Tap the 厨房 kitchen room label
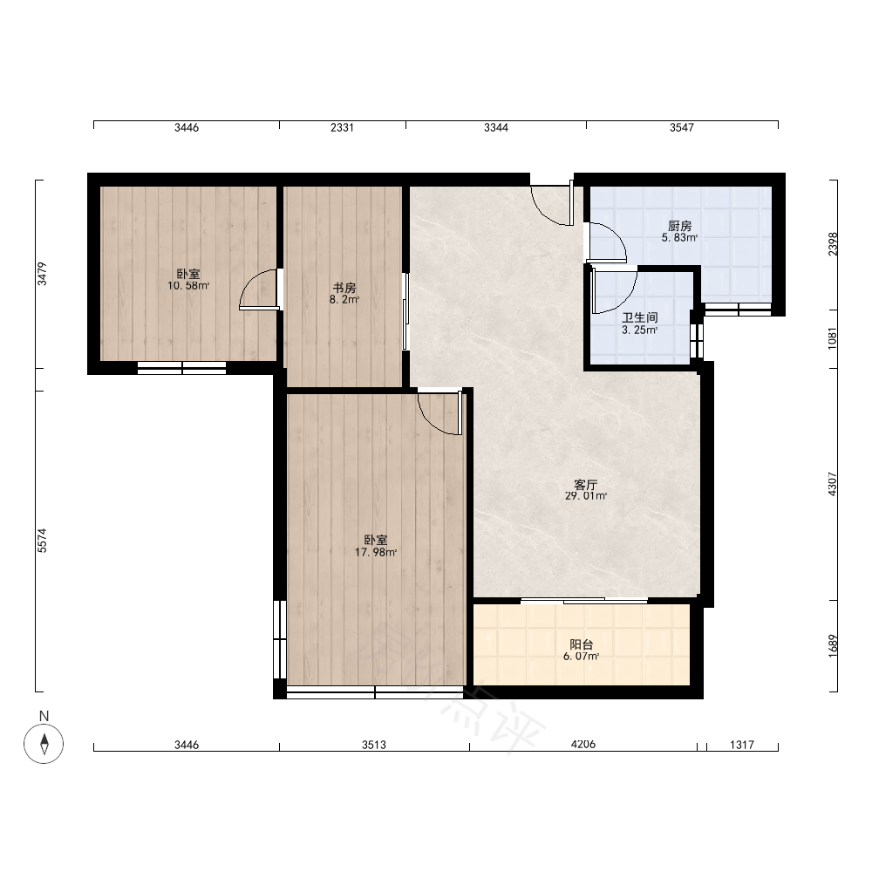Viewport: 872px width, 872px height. pos(679,226)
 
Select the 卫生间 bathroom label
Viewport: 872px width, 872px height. pos(639,317)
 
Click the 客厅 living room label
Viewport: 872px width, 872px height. pos(586,484)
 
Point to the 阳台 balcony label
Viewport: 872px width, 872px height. pos(581,644)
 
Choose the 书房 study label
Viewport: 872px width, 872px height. pos(344,288)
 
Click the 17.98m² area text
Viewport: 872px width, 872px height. pos(376,552)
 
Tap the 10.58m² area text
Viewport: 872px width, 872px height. pos(188,286)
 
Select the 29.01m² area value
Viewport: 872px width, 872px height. pos(586,495)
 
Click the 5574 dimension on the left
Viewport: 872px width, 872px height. pos(42,541)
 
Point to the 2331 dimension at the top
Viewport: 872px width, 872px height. pos(342,127)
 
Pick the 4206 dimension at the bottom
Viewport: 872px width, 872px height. pos(582,744)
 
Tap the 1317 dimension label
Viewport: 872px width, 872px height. pos(742,744)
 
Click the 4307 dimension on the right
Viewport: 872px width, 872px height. pos(832,484)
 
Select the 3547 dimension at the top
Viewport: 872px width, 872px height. pos(682,127)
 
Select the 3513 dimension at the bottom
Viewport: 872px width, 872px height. pos(374,744)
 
